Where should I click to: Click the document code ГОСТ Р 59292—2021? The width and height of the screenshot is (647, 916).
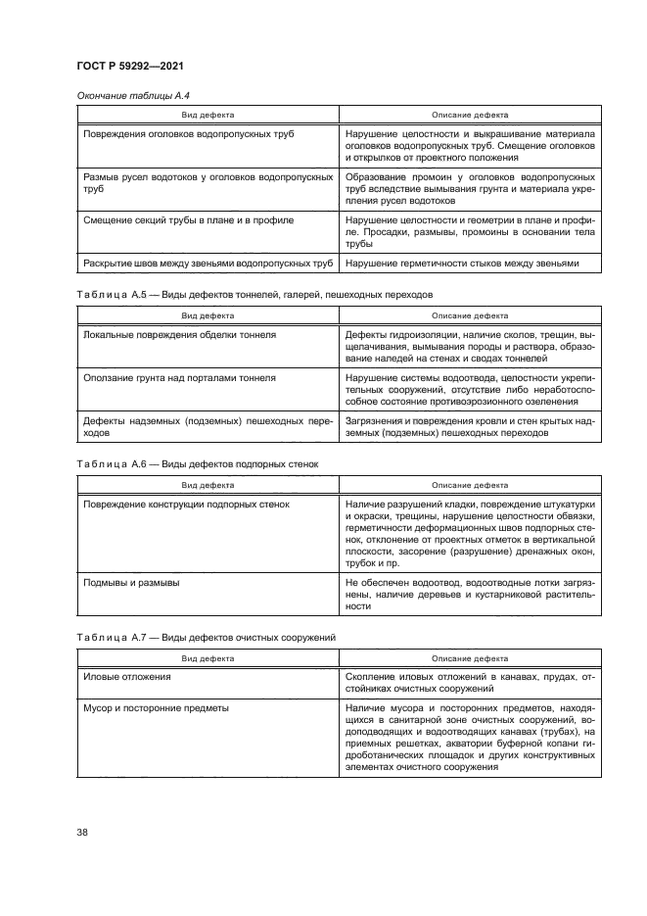pyautogui.click(x=130, y=67)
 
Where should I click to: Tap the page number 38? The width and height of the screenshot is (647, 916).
pyautogui.click(x=81, y=833)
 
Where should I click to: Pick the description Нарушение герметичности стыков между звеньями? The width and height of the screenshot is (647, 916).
pyautogui.click(x=463, y=264)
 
